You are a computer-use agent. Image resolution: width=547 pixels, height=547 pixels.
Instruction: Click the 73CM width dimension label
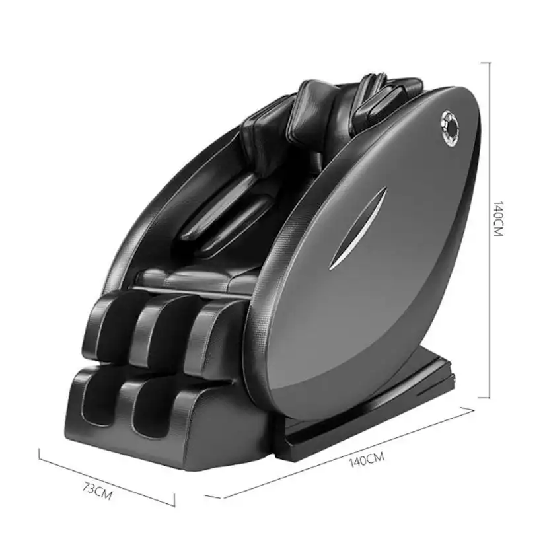[x=98, y=490]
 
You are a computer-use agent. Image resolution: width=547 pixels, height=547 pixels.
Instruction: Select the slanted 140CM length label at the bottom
[x=366, y=459]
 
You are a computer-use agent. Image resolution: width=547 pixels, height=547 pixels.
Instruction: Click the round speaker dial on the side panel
[x=450, y=128]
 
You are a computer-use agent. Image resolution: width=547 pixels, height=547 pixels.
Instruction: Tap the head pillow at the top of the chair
[x=310, y=112]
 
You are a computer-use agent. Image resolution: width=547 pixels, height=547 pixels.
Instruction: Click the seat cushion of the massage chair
[x=196, y=279]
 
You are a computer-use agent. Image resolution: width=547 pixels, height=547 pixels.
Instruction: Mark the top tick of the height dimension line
[x=486, y=63]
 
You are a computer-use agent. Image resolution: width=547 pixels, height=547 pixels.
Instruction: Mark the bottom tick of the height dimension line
[x=484, y=397]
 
